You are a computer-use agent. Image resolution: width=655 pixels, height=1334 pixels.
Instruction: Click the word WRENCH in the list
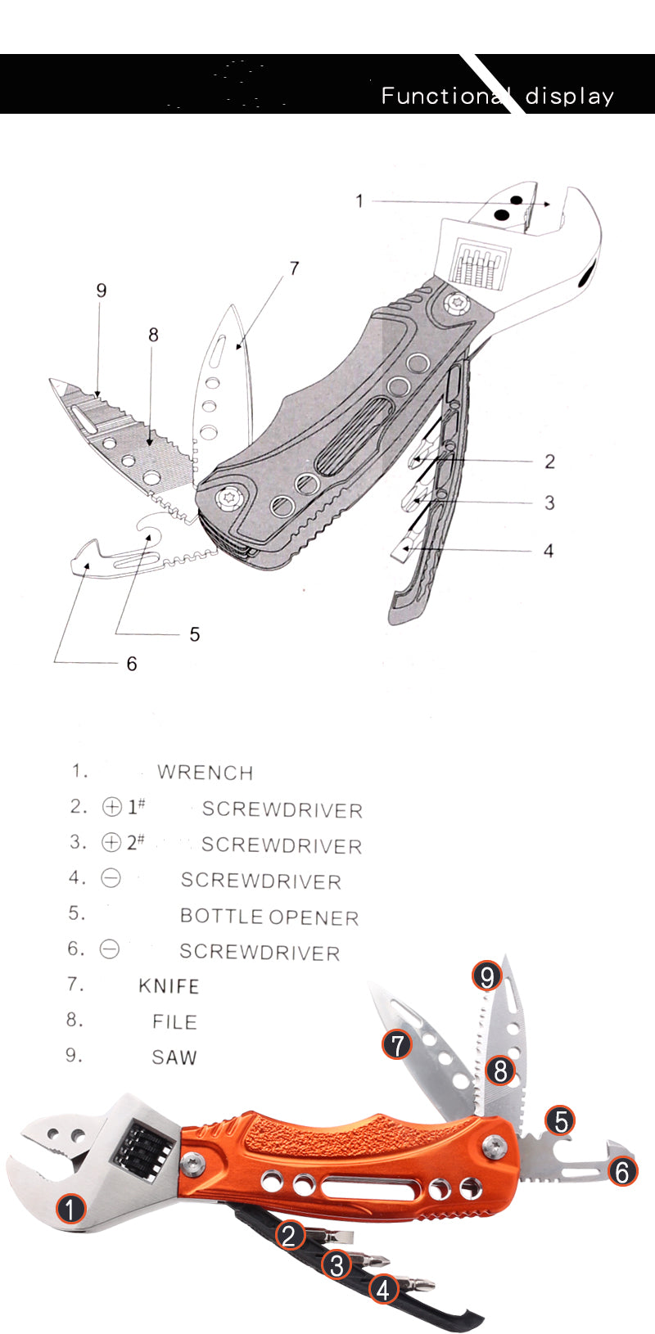(x=206, y=773)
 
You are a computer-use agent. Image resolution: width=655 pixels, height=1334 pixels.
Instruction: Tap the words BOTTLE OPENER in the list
(x=269, y=917)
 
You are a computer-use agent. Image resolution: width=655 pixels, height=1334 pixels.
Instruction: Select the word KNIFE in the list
(x=169, y=986)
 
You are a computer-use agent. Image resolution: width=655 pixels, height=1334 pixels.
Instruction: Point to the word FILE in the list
(x=174, y=1022)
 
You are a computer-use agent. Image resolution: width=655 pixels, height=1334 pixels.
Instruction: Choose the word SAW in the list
(x=174, y=1057)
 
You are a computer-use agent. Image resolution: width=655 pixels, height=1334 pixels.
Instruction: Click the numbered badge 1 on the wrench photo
(x=70, y=1210)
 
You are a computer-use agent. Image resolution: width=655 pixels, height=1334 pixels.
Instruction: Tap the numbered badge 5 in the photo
(x=561, y=1120)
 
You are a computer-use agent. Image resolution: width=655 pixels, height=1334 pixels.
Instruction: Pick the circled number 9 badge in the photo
(x=487, y=976)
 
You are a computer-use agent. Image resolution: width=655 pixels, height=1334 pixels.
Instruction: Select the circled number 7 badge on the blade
(x=398, y=1044)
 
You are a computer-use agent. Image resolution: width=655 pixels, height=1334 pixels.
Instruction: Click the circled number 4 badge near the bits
(x=383, y=1290)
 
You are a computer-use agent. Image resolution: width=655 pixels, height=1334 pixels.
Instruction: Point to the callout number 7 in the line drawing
(x=294, y=268)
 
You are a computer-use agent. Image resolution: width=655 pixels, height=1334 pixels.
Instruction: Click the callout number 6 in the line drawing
(x=132, y=664)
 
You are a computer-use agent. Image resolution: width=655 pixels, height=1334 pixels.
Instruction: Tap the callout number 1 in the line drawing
(x=359, y=201)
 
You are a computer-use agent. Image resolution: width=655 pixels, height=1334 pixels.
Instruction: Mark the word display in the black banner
(x=569, y=96)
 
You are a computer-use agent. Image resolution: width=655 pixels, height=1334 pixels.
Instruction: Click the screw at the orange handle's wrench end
(x=192, y=1163)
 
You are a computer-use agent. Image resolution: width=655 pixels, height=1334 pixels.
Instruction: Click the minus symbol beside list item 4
(x=111, y=878)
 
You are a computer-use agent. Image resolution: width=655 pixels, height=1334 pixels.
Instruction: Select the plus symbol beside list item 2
(x=112, y=807)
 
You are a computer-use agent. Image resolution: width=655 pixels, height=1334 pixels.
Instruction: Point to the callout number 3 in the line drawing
(x=549, y=503)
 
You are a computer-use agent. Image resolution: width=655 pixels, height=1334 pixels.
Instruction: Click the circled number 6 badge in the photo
(x=622, y=1171)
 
